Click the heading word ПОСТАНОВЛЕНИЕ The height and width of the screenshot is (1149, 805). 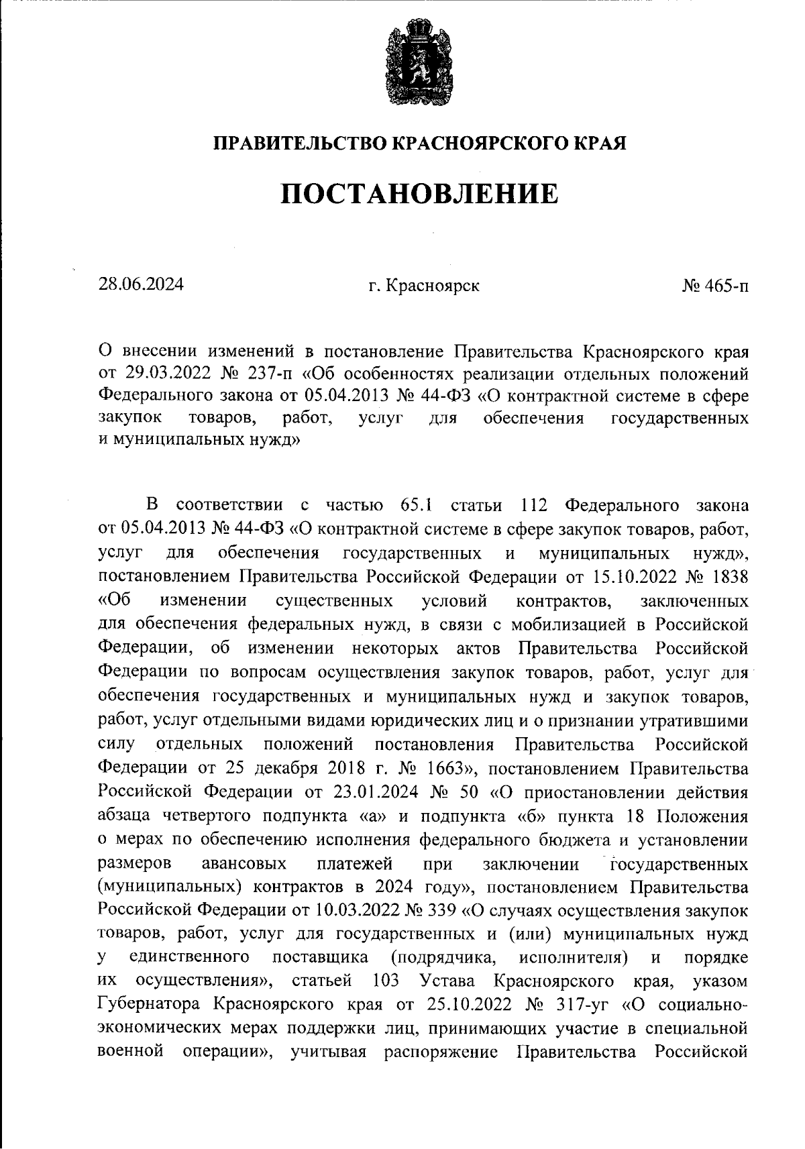pyautogui.click(x=419, y=195)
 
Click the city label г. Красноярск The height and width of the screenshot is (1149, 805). pyautogui.click(x=424, y=286)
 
